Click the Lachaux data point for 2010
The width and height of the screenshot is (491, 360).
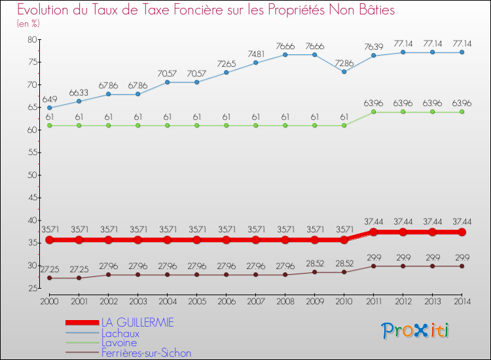point(344,71)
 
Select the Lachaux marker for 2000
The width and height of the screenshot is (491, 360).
point(49,107)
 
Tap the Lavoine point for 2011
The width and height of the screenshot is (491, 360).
point(374,112)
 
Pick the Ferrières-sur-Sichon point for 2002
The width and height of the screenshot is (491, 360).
point(108,275)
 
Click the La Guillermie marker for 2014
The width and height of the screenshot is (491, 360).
point(462,232)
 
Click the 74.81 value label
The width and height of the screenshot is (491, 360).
point(256,54)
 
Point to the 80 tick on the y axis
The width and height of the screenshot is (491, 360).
point(31,40)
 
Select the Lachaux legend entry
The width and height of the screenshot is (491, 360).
point(120,333)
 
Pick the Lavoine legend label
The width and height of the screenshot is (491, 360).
point(119,343)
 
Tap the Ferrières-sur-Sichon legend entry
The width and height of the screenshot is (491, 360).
point(146,353)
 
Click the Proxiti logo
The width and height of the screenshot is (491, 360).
point(416,331)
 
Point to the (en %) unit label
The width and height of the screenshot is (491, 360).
point(27,24)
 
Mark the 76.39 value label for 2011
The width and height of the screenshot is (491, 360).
point(374,46)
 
